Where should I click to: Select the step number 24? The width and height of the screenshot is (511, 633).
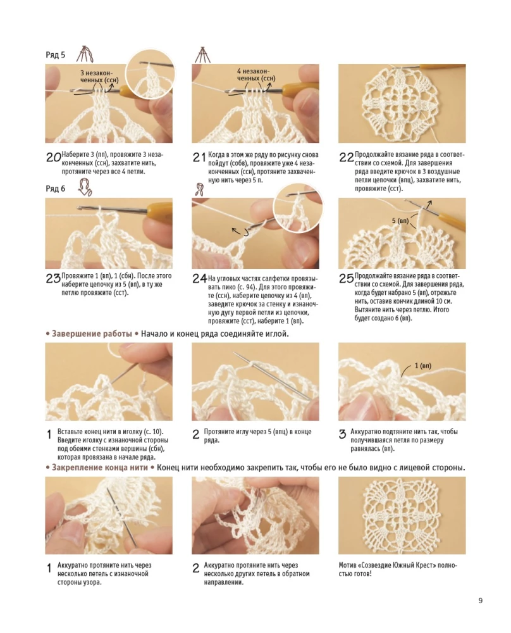[199, 279]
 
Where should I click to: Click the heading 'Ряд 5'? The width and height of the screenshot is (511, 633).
[56, 55]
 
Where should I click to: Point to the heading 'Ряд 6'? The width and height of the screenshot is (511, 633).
[56, 189]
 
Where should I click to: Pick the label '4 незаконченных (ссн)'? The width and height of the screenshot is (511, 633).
[255, 75]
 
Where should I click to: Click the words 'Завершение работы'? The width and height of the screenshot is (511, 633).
[92, 333]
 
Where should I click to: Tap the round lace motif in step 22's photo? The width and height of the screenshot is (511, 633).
[402, 103]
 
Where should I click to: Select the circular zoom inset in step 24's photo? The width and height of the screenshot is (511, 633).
[297, 207]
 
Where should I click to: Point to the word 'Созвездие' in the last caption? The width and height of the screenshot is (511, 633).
[386, 565]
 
